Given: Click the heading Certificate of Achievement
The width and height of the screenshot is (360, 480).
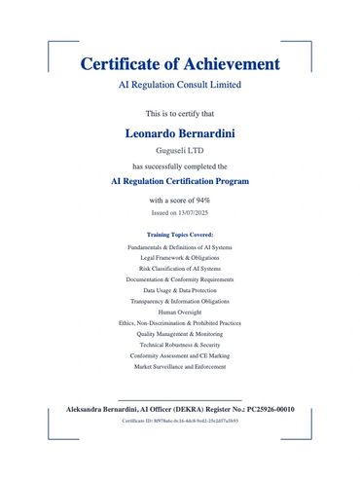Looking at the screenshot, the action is pos(180,64).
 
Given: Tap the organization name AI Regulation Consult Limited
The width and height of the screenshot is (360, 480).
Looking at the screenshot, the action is pos(180,86).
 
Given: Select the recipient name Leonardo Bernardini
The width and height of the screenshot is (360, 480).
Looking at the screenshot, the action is pos(180,132).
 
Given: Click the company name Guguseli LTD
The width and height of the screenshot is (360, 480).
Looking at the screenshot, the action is pos(180,151).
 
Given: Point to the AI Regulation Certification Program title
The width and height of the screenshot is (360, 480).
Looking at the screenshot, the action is pos(180,181).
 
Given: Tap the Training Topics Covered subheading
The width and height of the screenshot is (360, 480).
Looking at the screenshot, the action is pos(180,236).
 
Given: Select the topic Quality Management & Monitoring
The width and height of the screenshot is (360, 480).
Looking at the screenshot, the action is pos(180,333).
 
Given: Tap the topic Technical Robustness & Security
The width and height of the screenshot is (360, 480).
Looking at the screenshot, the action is pos(180,345).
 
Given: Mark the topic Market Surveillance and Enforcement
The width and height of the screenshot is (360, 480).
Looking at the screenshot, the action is pos(180,366).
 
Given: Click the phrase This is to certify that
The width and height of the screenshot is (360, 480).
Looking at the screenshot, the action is pos(180,114).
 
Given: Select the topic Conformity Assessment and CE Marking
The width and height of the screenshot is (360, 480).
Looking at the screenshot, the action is pos(180,355).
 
